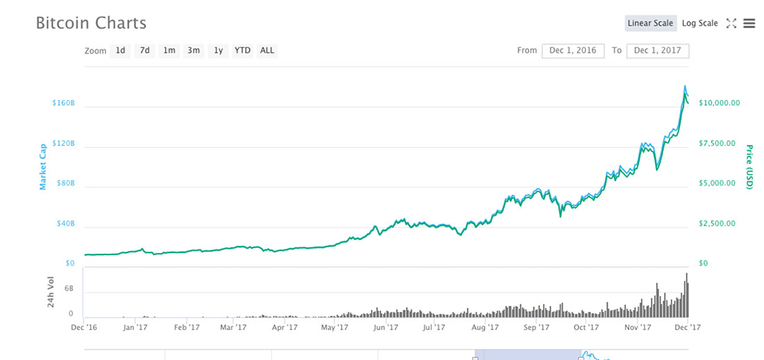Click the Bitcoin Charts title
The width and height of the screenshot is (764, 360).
pos(91,23)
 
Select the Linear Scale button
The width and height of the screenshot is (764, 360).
pos(650,23)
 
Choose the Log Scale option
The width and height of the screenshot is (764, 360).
pos(699,23)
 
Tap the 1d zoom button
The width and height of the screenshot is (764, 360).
pos(121,50)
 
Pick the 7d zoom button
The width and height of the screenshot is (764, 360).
pos(144,50)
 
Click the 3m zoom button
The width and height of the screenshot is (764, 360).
pos(194,50)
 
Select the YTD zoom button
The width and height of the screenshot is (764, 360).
pos(242,50)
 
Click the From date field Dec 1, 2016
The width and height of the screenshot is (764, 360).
pos(572,51)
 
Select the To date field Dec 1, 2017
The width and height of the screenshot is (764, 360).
pos(657,51)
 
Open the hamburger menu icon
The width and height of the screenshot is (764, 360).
pos(749,23)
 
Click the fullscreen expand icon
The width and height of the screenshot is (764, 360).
pos(731,23)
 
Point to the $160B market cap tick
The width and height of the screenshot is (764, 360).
pos(63,104)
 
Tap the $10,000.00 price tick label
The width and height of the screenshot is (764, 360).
pos(720,103)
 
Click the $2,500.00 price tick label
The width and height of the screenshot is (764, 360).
pos(717,224)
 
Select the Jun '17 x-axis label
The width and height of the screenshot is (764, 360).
pos(386,327)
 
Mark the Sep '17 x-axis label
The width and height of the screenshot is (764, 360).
pos(537,327)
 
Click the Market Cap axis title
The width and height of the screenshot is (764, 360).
pos(42,166)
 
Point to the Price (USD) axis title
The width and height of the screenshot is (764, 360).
pos(749,167)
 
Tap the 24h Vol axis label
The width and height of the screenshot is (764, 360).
pos(51,292)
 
